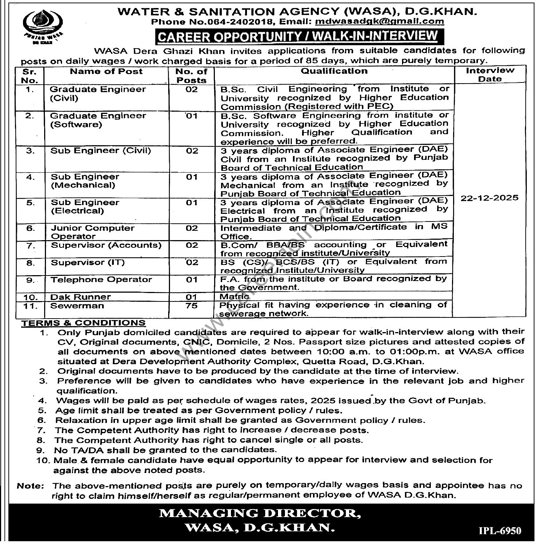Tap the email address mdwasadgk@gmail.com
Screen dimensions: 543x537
[x=379, y=21]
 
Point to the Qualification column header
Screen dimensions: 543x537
[x=334, y=71]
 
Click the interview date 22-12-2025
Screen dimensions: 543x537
[x=489, y=198]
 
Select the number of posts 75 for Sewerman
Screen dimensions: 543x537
[x=192, y=306]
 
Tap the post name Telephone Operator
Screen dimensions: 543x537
[x=101, y=280]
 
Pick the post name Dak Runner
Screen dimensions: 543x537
[x=80, y=297]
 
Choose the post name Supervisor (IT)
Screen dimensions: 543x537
[x=87, y=263]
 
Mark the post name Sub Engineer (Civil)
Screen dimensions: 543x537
[x=100, y=151]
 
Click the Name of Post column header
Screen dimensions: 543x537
[x=106, y=72]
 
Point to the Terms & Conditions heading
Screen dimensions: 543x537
[x=83, y=323]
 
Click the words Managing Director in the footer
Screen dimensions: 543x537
[x=260, y=513]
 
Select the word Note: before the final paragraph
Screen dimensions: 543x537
[x=30, y=486]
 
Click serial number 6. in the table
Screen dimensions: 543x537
[x=30, y=229]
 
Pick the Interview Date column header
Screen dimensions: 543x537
[x=490, y=74]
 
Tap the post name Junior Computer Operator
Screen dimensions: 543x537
[x=92, y=232]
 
